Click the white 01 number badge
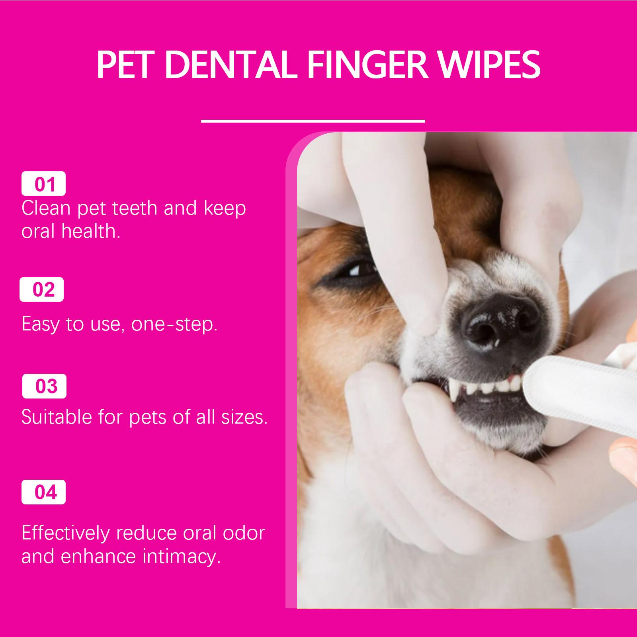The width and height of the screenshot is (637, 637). coord(43,184)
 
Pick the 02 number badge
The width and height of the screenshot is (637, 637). coord(42,289)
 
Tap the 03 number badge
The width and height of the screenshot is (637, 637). coord(44,386)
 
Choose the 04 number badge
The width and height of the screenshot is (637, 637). coord(43,492)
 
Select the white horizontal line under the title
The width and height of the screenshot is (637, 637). coord(313,120)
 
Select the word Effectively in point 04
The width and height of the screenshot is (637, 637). coord(65,533)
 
